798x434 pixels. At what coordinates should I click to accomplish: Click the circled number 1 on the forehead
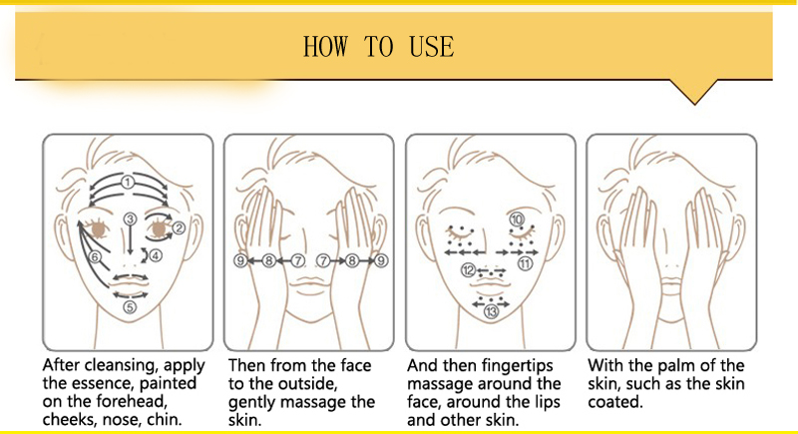coord(128,182)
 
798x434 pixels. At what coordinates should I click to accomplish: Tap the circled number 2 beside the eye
coord(179,227)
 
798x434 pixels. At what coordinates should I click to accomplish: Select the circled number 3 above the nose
coord(131,218)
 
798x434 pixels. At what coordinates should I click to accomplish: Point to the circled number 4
coord(156,254)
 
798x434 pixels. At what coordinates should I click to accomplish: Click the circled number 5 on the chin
coord(130,307)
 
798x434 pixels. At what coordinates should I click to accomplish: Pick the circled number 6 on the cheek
coord(95,257)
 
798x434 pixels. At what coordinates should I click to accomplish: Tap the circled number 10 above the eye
coord(517,219)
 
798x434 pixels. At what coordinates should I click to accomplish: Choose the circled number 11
coord(525,263)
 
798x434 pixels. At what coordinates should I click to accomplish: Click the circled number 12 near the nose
coord(468,270)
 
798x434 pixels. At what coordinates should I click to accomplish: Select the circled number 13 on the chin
coord(491,311)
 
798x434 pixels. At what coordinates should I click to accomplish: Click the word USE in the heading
coord(431,47)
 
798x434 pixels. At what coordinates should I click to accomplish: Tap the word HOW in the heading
coord(326,47)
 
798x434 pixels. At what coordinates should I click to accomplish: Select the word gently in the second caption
coord(251,402)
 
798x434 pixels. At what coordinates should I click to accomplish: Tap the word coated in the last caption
coord(614,402)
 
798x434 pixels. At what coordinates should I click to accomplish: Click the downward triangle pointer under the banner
coord(694,91)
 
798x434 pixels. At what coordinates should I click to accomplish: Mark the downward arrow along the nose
coord(131,239)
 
